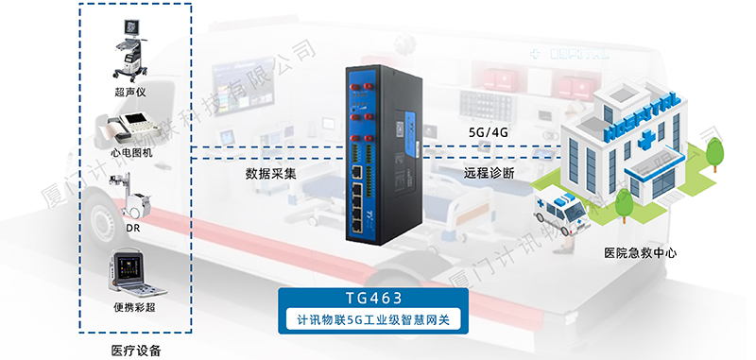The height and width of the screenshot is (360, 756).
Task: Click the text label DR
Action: click(133, 228)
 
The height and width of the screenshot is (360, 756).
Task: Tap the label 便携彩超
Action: click(133, 304)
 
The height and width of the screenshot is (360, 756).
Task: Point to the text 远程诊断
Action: click(489, 174)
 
